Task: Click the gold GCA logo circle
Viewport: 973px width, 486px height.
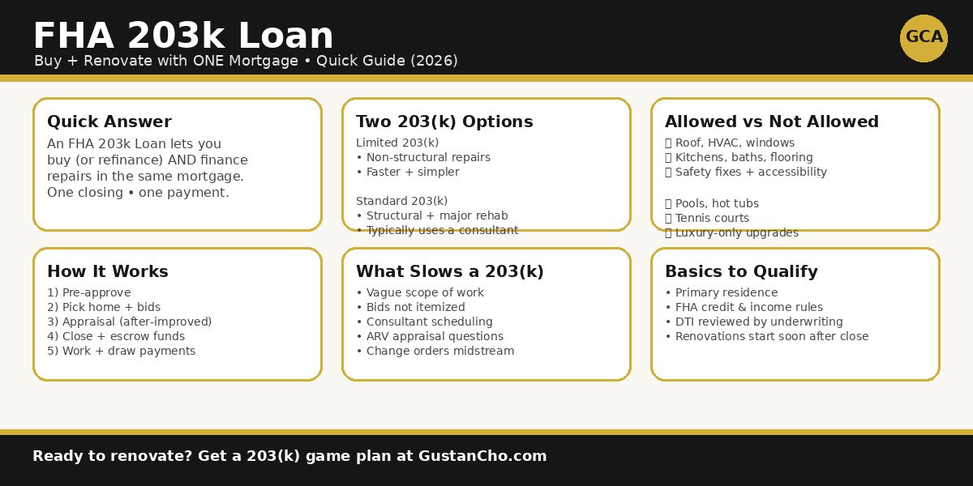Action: tap(924, 38)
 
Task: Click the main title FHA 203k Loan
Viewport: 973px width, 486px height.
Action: tap(183, 36)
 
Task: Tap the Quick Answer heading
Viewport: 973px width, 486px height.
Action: tap(109, 122)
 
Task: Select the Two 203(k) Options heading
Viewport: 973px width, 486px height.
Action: tap(444, 122)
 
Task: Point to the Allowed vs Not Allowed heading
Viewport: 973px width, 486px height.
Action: tap(772, 122)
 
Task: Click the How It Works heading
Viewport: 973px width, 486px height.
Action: tap(108, 272)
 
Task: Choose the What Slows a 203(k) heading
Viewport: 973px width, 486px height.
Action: tap(450, 272)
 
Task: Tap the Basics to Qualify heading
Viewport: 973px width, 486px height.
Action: tap(741, 272)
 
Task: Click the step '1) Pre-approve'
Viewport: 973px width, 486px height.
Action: tap(89, 293)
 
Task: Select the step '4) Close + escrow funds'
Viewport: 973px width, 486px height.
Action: tap(116, 337)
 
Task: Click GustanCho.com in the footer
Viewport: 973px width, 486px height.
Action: tap(482, 457)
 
